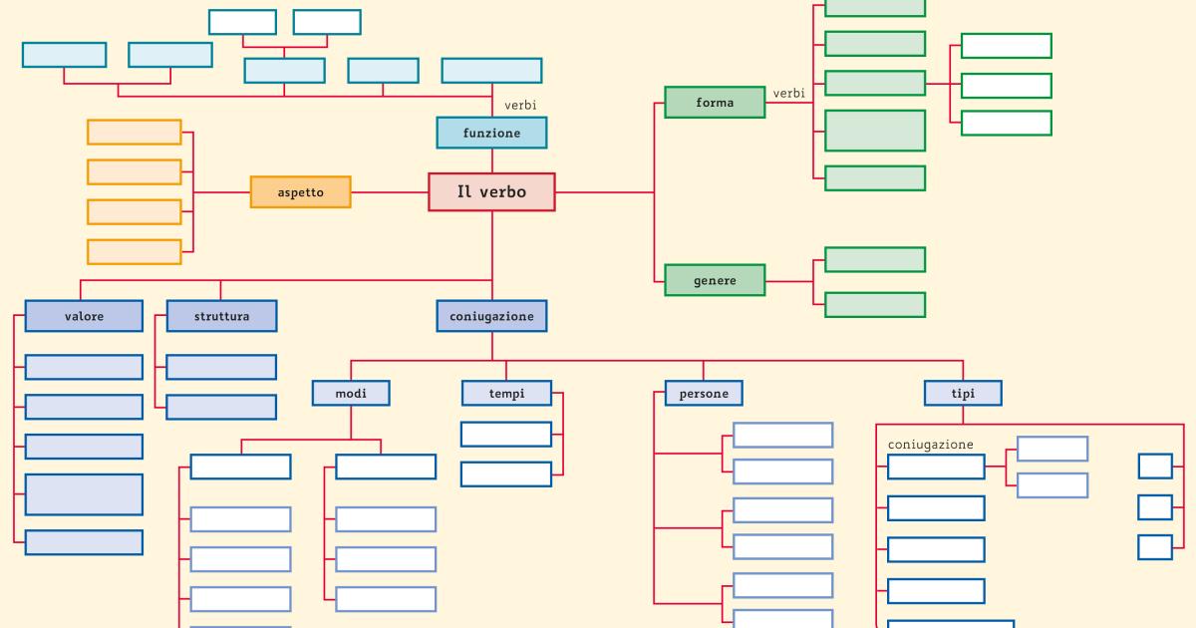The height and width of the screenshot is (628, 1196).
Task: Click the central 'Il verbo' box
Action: pos(491,192)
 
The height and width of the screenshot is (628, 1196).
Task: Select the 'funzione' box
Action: pos(491,133)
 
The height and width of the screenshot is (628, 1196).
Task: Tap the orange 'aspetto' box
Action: pos(300,192)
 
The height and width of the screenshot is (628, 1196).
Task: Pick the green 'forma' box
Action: pos(715,103)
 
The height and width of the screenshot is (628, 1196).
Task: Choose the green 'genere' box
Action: pos(715,280)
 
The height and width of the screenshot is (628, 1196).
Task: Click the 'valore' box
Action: pos(84,316)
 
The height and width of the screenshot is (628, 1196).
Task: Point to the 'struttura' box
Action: pos(221,316)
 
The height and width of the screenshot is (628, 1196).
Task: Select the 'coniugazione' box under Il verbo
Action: pos(491,316)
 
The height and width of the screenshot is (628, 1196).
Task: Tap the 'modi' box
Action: pos(351,394)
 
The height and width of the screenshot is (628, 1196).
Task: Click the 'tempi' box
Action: pos(506,394)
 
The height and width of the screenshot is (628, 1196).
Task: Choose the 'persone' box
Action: pos(704,394)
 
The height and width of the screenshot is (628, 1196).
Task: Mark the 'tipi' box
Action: pos(963,394)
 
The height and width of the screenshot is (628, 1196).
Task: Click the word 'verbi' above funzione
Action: pos(520,105)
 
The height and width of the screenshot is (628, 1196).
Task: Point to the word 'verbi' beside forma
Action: pos(788,93)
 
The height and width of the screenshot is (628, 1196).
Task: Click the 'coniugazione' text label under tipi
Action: pos(930,445)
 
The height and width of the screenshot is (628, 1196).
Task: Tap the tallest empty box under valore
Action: pos(84,494)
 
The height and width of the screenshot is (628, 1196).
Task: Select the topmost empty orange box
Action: pos(135,132)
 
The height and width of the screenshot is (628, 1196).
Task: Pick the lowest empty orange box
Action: pos(135,251)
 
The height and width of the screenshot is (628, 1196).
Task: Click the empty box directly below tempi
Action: pos(506,435)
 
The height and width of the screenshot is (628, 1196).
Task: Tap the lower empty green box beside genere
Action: pos(875,304)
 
